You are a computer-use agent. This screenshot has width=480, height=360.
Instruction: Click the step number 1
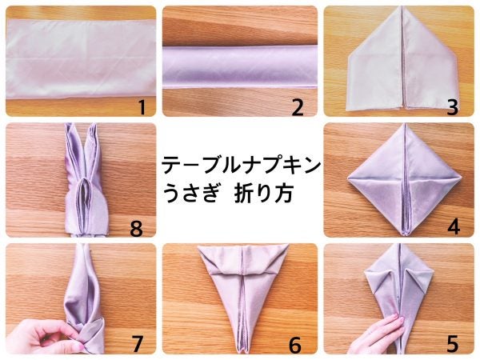click(142, 108)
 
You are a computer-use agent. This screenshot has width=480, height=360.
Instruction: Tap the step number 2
click(298, 108)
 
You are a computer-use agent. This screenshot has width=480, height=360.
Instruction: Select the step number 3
click(453, 108)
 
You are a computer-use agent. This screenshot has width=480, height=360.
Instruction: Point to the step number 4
click(454, 227)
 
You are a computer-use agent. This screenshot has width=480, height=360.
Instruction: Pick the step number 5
click(453, 344)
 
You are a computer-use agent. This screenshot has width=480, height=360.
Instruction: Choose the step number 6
click(295, 345)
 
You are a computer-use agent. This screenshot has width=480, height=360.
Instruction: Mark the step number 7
click(137, 344)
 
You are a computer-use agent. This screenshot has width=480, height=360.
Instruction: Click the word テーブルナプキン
click(242, 166)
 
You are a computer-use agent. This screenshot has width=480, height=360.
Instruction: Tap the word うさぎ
click(190, 193)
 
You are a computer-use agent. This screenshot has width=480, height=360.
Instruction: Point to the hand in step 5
click(376, 334)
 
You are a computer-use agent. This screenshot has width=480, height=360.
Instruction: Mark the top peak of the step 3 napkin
click(402, 6)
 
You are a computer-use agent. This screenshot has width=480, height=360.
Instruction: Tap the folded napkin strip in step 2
click(240, 67)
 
